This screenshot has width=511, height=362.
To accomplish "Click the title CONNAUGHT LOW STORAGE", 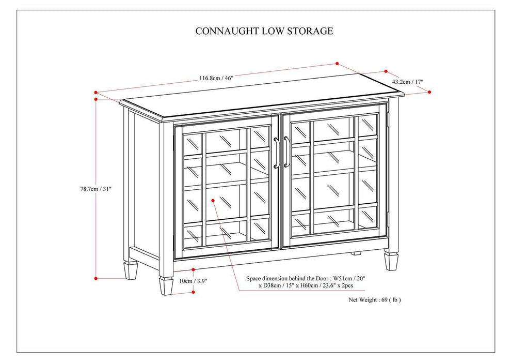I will pos(264,31).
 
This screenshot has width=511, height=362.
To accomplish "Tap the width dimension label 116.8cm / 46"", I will pos(216,78).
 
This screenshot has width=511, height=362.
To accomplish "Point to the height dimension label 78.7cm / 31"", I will pos(92,189).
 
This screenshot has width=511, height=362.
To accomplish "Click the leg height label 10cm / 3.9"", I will pos(194,281).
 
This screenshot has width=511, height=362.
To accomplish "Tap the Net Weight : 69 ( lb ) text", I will pos(375,299).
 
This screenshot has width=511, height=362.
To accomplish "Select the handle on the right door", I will pos(286,152).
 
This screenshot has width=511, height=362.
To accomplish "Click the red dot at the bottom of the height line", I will pos(96,278).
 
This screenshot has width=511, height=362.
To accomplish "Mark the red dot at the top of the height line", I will pos(96,99).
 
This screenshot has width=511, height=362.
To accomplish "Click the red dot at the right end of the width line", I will pos(337,64).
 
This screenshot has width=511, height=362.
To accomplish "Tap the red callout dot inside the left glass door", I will pos(213,199).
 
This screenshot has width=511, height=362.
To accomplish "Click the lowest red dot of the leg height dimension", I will pos(193,292).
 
